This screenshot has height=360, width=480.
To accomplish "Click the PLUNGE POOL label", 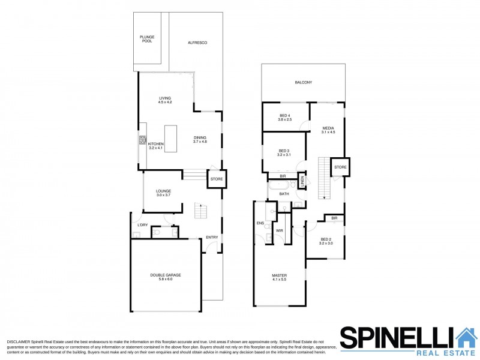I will tap(147, 38).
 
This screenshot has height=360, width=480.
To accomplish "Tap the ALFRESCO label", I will tap(197, 43).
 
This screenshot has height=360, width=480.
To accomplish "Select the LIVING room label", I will tap(165, 100).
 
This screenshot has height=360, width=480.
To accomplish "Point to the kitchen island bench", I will tap(171, 138).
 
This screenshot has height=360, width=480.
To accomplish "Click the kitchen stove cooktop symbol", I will tap(143, 141).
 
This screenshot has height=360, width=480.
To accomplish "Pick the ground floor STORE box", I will tap(216, 178).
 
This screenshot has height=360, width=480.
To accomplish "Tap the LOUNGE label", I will tap(164, 193).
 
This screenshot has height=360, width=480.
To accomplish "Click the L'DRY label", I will tap(142, 225).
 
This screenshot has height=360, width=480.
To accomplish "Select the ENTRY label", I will tap(212, 237).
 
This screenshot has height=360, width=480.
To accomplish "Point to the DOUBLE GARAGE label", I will tap(166, 277).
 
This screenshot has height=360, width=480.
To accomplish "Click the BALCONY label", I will tap(303, 83).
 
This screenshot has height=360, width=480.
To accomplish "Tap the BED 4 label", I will tap(285, 118).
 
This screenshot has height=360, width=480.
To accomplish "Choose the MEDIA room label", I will tap(328, 130).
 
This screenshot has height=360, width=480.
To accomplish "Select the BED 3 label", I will tap(284, 152).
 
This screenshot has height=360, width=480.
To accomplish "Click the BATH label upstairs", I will tap(284, 194).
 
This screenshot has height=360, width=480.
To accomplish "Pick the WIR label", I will tap(279, 230).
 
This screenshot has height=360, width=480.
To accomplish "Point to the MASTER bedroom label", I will tap(280, 278).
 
